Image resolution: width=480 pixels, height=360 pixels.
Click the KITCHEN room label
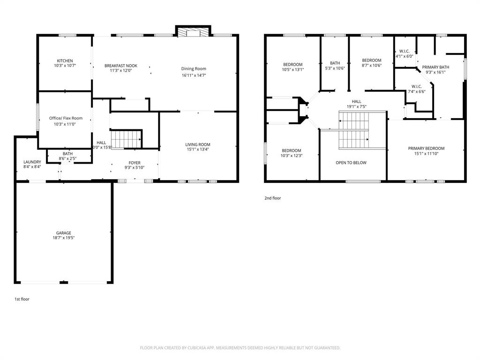click(x=65, y=61)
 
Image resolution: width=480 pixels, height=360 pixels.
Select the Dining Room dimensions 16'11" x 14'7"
click(x=194, y=75)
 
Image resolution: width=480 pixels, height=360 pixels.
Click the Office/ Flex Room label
click(x=66, y=118)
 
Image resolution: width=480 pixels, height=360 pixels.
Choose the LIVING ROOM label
click(x=197, y=144)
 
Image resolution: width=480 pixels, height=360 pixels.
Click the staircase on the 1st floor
click(x=126, y=139)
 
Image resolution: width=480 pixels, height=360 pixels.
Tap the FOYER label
click(x=134, y=162)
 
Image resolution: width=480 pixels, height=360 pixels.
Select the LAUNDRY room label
click(x=32, y=162)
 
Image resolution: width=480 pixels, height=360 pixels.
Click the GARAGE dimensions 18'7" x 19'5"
click(x=64, y=238)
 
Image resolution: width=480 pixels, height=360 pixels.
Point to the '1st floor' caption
click(x=22, y=299)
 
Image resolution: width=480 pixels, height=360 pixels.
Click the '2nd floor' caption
click(x=273, y=198)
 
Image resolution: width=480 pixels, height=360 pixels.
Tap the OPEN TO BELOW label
click(x=351, y=163)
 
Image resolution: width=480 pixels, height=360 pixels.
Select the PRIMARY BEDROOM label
click(x=426, y=148)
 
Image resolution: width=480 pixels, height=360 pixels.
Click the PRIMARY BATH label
click(x=435, y=67)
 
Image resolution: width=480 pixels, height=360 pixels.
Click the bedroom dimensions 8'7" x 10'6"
click(x=371, y=66)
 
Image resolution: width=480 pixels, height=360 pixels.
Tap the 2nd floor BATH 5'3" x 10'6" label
click(x=335, y=68)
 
